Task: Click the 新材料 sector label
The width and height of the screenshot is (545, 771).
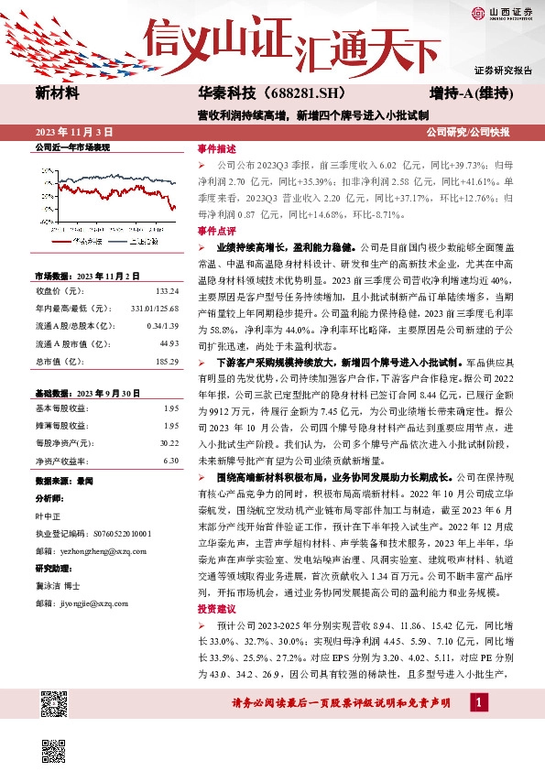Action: point(57,93)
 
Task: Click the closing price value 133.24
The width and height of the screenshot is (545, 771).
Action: point(168,292)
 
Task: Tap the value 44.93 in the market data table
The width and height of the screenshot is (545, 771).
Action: point(169,343)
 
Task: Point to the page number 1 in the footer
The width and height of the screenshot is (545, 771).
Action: point(477,702)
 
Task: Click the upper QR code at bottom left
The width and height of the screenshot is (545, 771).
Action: point(56,706)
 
